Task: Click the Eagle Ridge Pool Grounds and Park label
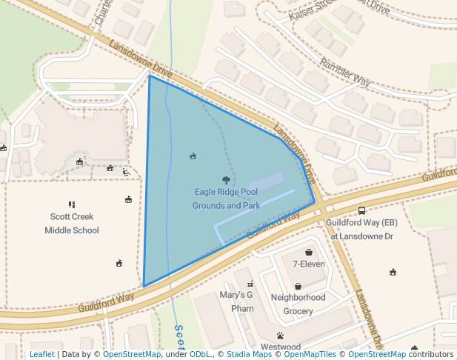226,199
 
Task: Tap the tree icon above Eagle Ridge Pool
226,180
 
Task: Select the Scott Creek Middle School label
71,224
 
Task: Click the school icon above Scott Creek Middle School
72,204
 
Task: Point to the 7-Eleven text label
309,264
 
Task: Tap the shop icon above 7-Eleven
309,252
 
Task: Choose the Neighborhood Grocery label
298,304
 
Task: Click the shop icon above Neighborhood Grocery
298,286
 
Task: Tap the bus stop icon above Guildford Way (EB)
361,210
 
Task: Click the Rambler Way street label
345,71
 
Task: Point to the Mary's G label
236,295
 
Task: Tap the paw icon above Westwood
280,336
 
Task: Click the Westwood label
280,347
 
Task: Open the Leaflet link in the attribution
41,355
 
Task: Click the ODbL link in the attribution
200,355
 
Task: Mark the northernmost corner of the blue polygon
150,76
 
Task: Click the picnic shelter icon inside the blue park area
193,156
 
